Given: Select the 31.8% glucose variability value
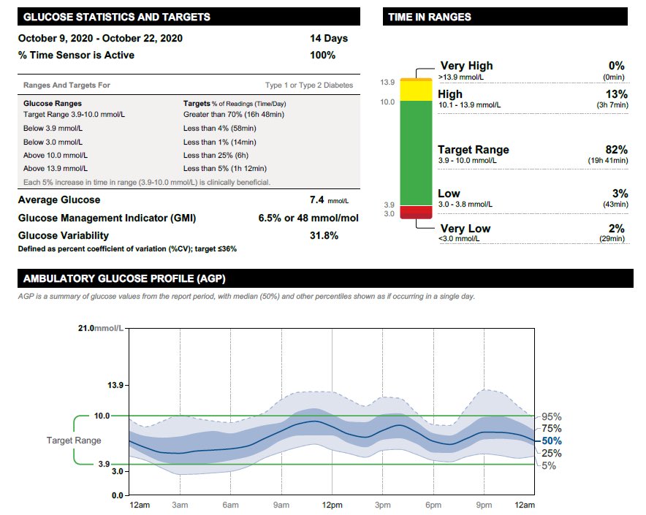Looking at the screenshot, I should [x=324, y=235].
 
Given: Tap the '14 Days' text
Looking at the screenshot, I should [x=329, y=38].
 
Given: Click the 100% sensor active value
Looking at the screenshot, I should [x=322, y=55].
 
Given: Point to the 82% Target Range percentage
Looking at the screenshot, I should [x=616, y=150].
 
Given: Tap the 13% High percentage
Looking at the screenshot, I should [x=616, y=94].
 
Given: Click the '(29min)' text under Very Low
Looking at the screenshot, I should [x=612, y=239].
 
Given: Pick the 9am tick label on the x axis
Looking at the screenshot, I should [x=281, y=506].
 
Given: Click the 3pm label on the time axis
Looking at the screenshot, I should [x=382, y=506].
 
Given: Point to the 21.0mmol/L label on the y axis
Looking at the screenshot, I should [x=102, y=329].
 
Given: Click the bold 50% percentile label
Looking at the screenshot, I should [x=552, y=441].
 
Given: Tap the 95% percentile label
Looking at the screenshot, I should [x=552, y=417].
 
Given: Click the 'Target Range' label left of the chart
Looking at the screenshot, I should [x=74, y=440].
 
